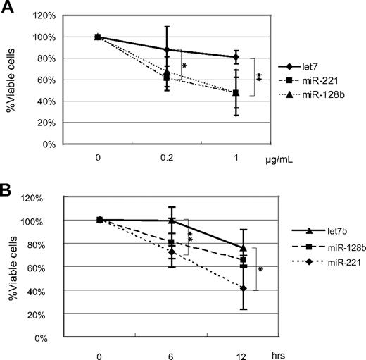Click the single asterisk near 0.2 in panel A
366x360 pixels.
(184, 66)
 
